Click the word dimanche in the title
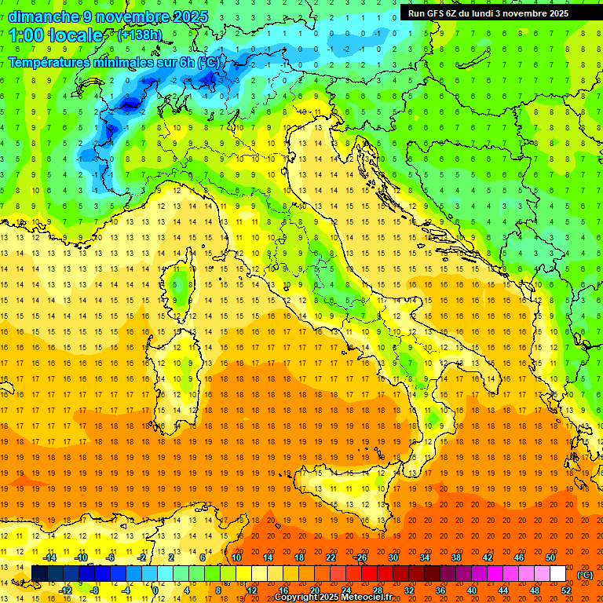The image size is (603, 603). [43, 16]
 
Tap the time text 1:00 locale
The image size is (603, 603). [56, 35]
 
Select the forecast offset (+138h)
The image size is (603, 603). [140, 35]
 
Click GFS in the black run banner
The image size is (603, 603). [435, 13]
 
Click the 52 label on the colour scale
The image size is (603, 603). [566, 590]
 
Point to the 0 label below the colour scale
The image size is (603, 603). [155, 590]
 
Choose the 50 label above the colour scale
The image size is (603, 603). [550, 557]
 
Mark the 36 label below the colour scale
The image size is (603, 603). [440, 590]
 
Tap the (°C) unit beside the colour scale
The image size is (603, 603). [585, 575]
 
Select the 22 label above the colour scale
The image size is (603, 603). [330, 557]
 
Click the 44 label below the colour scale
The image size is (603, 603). [503, 590]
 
